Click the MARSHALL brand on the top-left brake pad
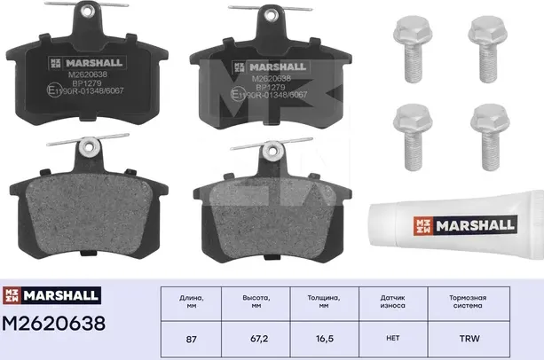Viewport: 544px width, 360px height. coord(90,62)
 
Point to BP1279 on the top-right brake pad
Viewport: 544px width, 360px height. coord(270,88)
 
